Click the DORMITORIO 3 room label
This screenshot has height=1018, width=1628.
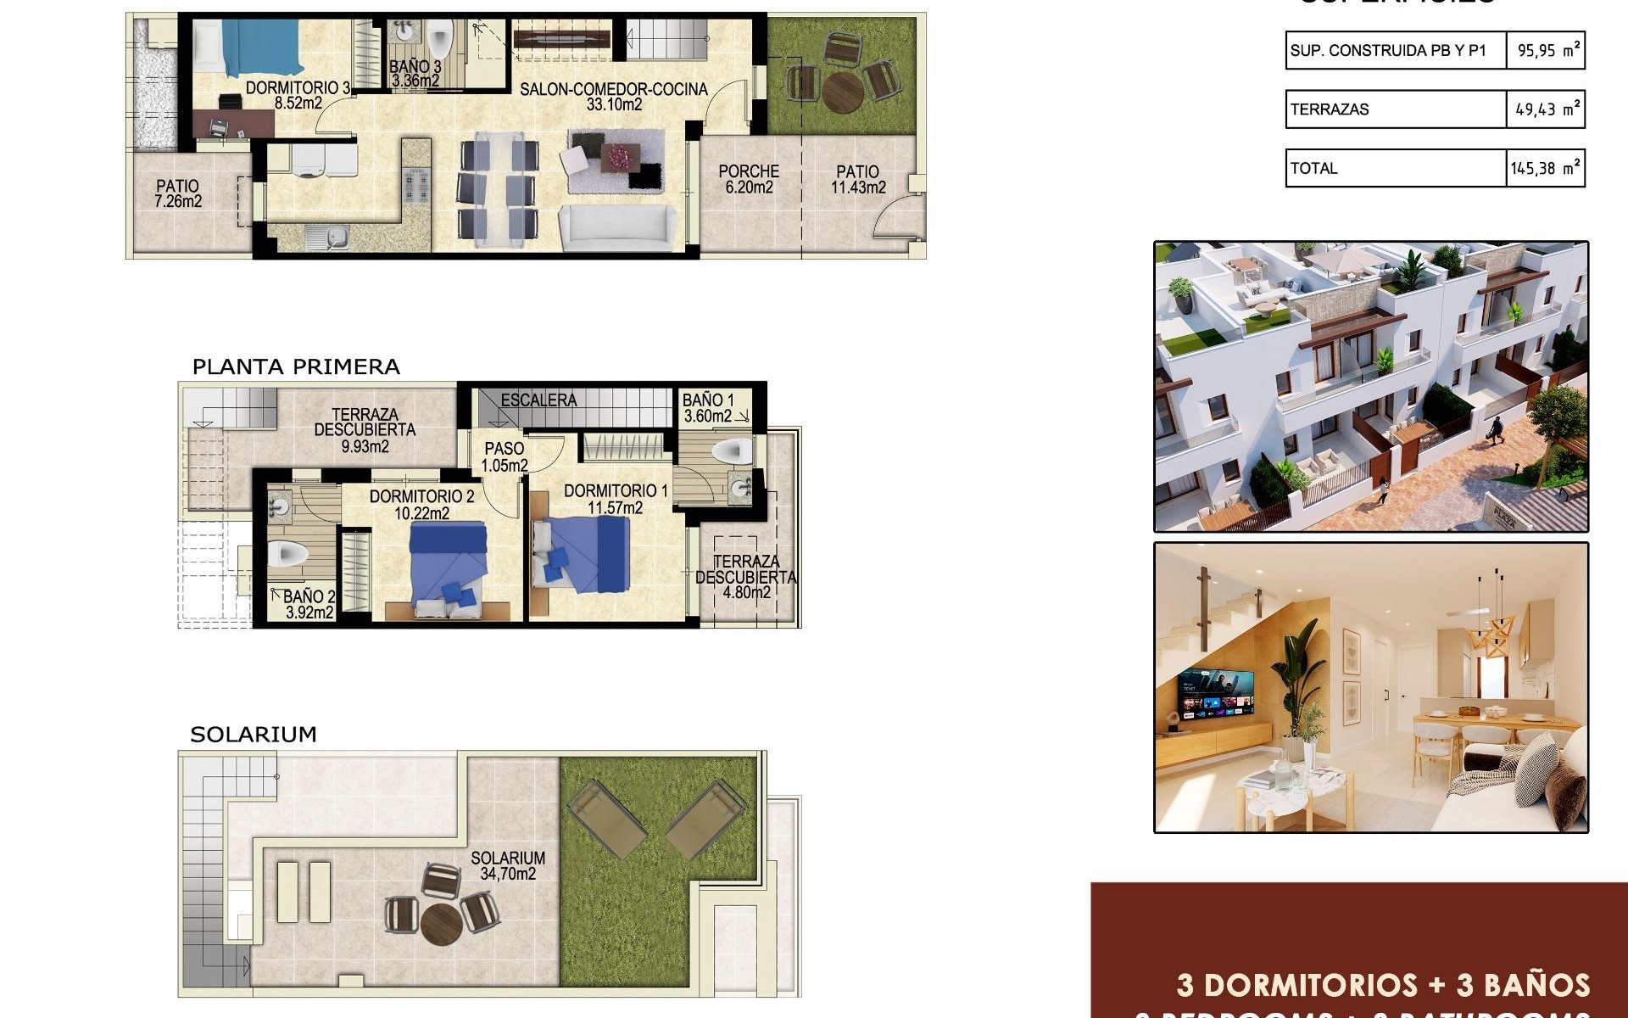click(x=298, y=95)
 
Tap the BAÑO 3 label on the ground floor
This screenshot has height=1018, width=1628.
click(x=415, y=74)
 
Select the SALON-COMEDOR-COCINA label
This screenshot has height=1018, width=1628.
click(x=613, y=97)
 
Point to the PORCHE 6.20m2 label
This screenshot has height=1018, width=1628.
click(x=749, y=179)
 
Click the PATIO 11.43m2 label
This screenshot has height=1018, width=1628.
click(x=857, y=179)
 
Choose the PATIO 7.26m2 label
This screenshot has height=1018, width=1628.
click(x=178, y=193)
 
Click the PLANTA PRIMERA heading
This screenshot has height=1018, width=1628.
click(x=296, y=367)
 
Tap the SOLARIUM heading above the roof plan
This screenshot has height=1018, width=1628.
click(x=253, y=735)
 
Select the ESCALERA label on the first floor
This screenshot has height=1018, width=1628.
click(x=538, y=400)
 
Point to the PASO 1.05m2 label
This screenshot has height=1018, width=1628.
click(x=505, y=456)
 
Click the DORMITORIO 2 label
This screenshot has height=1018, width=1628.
click(x=421, y=504)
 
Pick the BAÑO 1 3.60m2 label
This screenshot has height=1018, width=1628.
click(x=708, y=408)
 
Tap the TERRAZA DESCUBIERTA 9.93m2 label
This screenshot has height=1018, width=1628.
click(x=365, y=430)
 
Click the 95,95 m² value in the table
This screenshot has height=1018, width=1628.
click(x=1547, y=50)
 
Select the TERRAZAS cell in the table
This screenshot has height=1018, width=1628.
click(x=1330, y=109)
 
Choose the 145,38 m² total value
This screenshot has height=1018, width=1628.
click(x=1545, y=168)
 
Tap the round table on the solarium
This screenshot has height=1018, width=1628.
click(x=442, y=921)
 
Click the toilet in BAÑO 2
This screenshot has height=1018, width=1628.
click(x=287, y=555)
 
